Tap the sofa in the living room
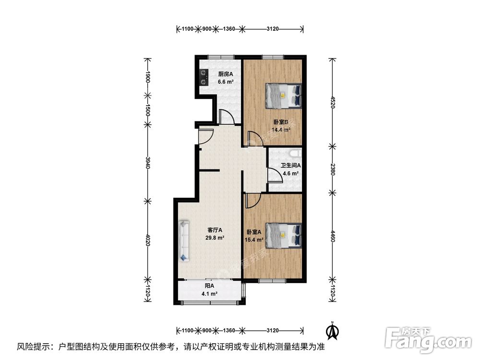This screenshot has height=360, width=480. [x=184, y=240]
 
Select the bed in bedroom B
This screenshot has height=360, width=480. [x=284, y=96]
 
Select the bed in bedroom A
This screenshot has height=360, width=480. [x=284, y=235]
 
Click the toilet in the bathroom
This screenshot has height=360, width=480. [x=296, y=154]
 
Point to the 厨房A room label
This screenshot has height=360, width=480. [x=225, y=74]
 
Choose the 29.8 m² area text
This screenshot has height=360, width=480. [x=215, y=238]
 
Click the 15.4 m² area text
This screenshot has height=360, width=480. [x=254, y=240]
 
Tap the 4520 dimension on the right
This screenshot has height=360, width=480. [x=331, y=102]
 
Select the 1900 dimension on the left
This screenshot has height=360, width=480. [x=148, y=78]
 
